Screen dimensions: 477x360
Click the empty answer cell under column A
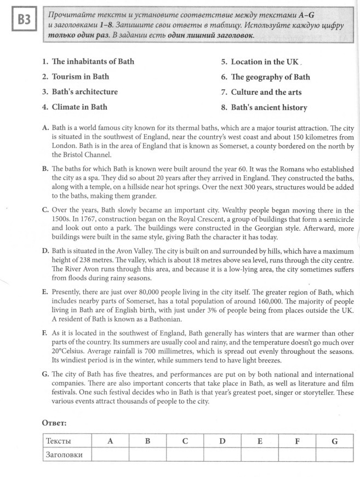point(110,454)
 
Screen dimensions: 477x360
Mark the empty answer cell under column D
point(222,454)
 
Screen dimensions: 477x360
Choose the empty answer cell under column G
point(334,454)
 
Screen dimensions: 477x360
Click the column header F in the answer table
point(296,440)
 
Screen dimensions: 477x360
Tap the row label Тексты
point(59,440)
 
